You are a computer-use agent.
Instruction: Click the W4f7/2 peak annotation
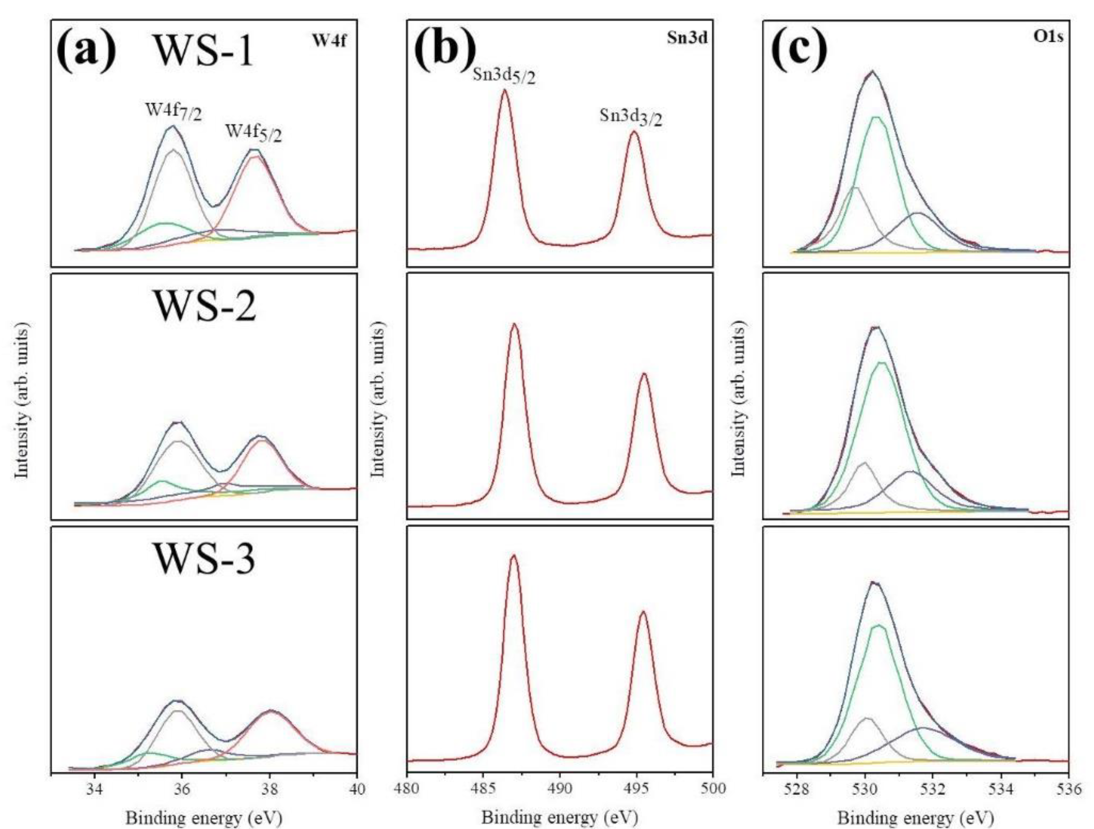click(x=174, y=111)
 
